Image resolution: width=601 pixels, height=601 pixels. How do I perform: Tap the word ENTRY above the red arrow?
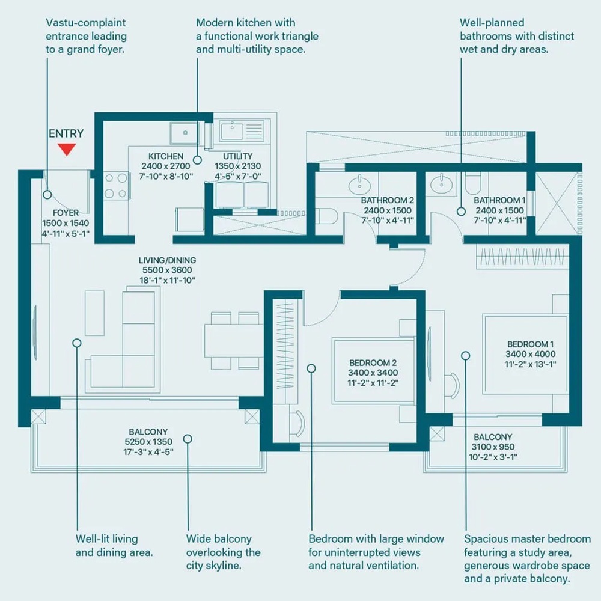[x=66, y=133]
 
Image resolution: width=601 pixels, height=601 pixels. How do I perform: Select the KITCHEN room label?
[x=166, y=156]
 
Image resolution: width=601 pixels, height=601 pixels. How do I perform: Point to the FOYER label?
[x=66, y=213]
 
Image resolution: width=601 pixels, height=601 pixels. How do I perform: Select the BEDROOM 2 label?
[x=373, y=363]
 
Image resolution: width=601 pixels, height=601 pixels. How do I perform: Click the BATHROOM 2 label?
[x=388, y=200]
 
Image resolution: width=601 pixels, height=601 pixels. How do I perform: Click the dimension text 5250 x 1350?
[x=148, y=442]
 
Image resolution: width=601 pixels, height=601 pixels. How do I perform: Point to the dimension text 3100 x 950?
[x=493, y=447]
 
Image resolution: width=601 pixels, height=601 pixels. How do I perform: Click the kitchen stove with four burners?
[x=117, y=186]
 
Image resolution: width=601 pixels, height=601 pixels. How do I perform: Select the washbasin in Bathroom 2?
[x=359, y=183]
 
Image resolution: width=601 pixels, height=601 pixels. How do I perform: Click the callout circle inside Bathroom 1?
[x=461, y=212]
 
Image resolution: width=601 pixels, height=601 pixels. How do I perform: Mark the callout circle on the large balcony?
[x=188, y=439]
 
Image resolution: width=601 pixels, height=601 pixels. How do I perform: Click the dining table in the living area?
[x=233, y=341]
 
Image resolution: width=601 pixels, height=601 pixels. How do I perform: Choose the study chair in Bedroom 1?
[x=452, y=385]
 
